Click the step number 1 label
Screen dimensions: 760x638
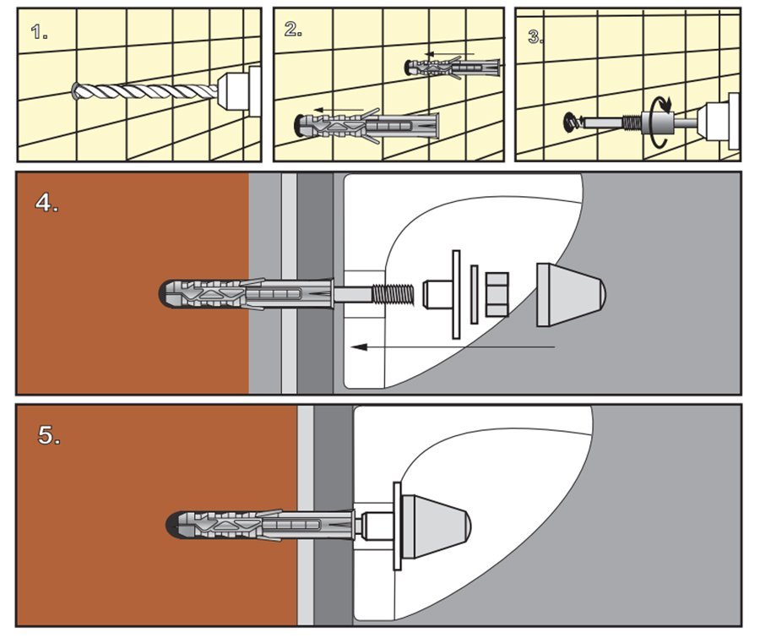pyautogui.click(x=39, y=32)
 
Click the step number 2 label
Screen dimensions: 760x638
pyautogui.click(x=293, y=30)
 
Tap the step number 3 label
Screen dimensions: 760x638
pyautogui.click(x=535, y=37)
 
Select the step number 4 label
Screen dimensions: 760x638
pyautogui.click(x=46, y=202)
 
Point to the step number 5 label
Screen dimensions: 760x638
pyautogui.click(x=49, y=435)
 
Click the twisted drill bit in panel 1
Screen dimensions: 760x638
pyautogui.click(x=145, y=90)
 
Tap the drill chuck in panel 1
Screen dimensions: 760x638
pyautogui.click(x=240, y=90)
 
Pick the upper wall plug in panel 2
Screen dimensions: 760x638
pyautogui.click(x=453, y=68)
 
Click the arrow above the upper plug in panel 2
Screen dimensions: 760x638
pyautogui.click(x=449, y=54)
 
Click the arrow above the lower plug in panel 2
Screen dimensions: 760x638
pyautogui.click(x=339, y=110)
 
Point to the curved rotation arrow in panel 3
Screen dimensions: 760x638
pyautogui.click(x=660, y=122)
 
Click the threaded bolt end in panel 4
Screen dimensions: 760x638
pyautogui.click(x=393, y=296)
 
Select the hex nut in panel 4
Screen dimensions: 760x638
pyautogui.click(x=497, y=295)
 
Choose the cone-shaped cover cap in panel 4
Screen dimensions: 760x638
pyautogui.click(x=571, y=295)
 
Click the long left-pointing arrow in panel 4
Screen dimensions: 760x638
pyautogui.click(x=453, y=347)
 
